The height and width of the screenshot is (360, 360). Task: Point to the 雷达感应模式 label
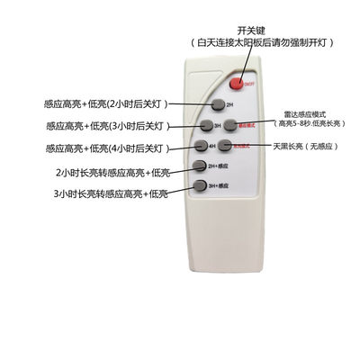point(304,114)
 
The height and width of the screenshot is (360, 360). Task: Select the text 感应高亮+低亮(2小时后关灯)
point(101,103)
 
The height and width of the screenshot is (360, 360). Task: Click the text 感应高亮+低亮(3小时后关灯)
point(101,125)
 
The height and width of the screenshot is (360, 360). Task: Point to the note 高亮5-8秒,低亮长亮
point(305,125)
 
